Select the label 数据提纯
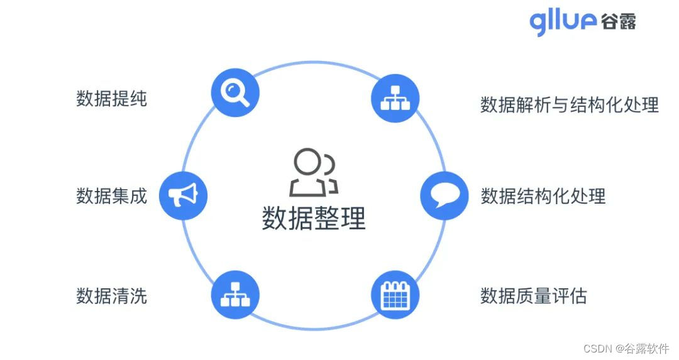(x=111, y=99)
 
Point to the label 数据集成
(x=111, y=196)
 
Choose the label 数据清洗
(x=111, y=295)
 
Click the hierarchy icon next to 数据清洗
(x=235, y=295)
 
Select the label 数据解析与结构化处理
(x=569, y=104)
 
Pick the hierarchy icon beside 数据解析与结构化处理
(x=395, y=98)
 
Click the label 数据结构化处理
(x=543, y=196)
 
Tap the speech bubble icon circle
(x=444, y=196)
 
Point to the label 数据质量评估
(x=533, y=295)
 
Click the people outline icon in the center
(x=313, y=172)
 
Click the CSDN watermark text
(x=597, y=348)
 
